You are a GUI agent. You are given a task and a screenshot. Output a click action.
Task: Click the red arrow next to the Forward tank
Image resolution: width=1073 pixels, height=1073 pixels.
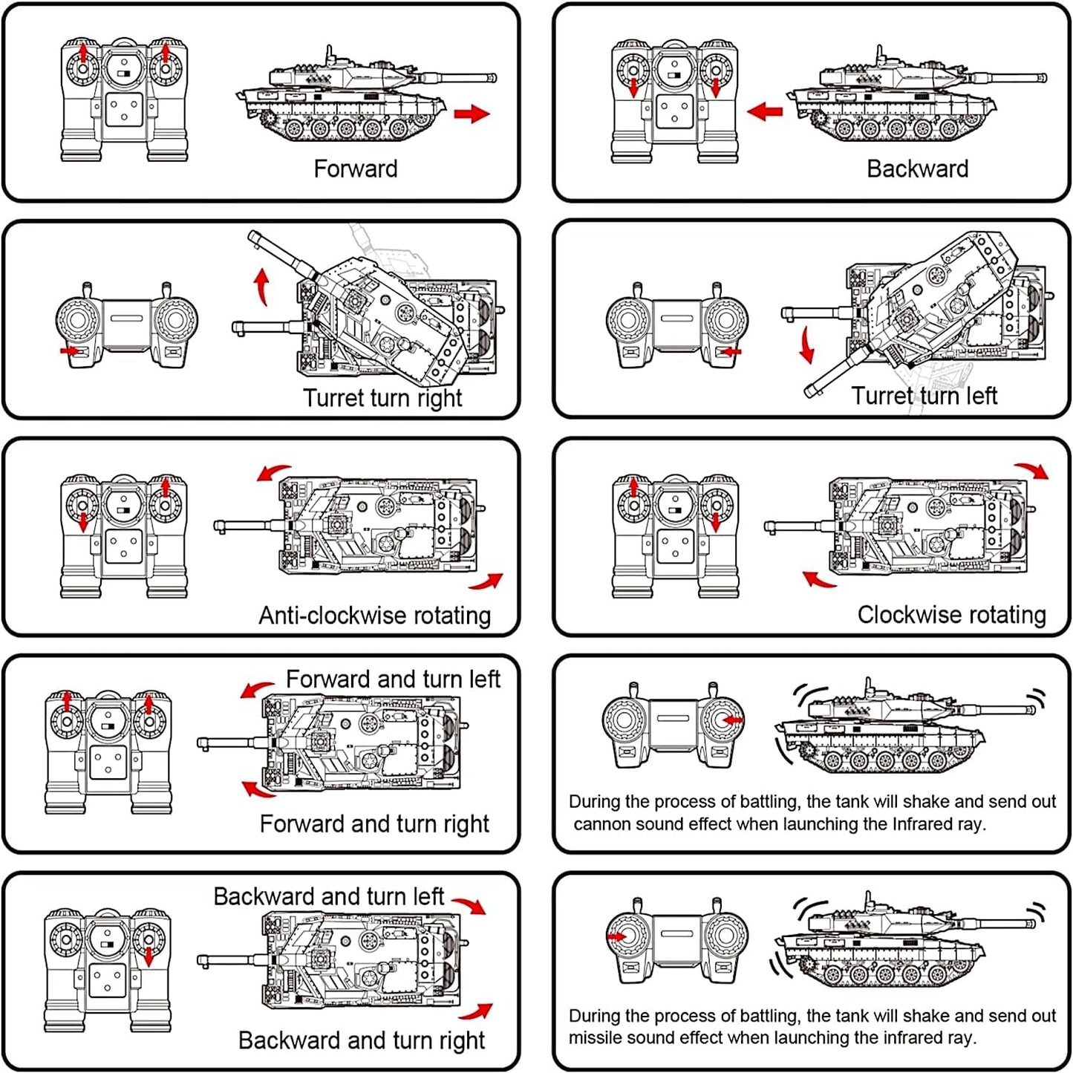click(472, 114)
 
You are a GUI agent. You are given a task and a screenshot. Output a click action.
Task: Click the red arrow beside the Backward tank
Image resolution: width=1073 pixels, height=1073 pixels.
click(765, 112)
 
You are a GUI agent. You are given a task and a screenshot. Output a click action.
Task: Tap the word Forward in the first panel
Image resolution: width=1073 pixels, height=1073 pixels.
click(355, 169)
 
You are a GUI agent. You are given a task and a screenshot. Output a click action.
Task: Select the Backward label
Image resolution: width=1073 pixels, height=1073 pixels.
click(917, 169)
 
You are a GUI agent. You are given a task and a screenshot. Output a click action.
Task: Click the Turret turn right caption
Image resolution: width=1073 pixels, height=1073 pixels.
click(382, 398)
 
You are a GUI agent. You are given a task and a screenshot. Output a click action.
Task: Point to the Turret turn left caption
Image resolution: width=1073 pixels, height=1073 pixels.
click(924, 396)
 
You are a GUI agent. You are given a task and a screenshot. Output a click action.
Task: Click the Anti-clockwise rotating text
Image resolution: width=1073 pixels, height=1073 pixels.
click(374, 616)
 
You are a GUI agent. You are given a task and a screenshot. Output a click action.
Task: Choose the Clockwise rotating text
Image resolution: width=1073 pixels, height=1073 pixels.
click(951, 615)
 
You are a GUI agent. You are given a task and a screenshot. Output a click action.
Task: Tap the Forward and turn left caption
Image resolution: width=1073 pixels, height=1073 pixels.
click(393, 679)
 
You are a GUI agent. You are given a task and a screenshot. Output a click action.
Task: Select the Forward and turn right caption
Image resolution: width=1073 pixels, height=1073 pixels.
click(374, 824)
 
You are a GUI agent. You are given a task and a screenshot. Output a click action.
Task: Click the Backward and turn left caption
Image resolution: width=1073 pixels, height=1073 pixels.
click(328, 896)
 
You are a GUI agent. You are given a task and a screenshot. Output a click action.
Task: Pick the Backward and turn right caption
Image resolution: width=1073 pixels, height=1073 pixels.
click(361, 1040)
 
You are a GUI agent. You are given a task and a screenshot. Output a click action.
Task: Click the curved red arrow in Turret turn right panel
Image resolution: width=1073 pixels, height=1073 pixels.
click(261, 287)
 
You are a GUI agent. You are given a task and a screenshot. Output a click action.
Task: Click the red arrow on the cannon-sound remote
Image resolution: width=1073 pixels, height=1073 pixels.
click(732, 720)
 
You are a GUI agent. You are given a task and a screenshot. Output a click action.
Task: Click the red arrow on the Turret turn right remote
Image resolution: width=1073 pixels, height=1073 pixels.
click(70, 350)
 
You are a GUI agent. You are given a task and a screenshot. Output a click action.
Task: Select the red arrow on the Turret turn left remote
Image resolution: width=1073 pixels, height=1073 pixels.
click(730, 351)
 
